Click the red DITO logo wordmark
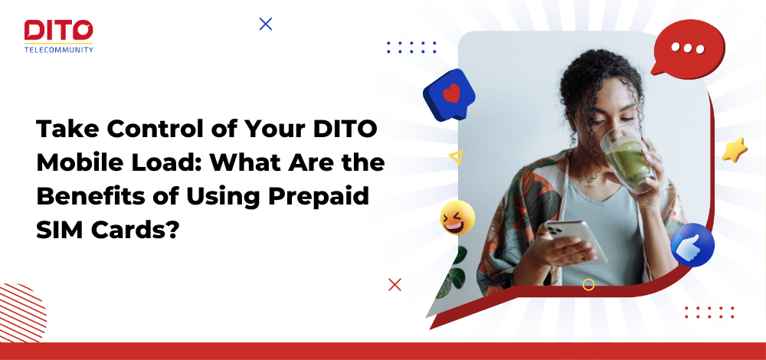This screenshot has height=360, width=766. [59, 31]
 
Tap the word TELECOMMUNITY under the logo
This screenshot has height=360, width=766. [59, 49]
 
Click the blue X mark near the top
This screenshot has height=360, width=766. [265, 24]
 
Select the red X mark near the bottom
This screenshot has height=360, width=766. [394, 284]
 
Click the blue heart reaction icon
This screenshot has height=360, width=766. [449, 94]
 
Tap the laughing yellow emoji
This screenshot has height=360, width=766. [457, 218]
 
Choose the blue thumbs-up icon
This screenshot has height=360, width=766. [692, 245]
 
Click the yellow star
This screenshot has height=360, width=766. [735, 149]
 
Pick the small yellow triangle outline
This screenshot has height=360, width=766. [456, 157]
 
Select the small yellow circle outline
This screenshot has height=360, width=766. [588, 285]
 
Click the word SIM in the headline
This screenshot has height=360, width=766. [56, 229]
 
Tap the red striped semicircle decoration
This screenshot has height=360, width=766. [22, 313]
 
